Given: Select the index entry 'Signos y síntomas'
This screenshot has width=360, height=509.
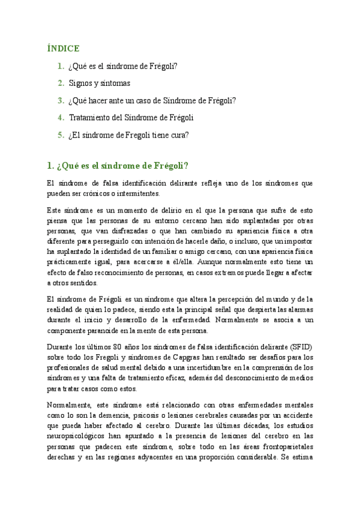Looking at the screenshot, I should (99, 83).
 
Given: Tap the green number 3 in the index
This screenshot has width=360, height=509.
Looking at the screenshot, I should (61, 101).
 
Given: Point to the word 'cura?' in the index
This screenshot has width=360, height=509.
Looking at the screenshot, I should (179, 135).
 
